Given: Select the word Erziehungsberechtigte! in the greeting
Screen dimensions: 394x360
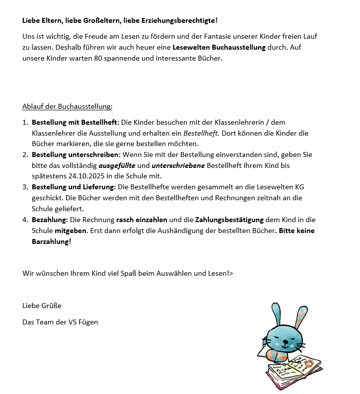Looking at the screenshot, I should (187, 20).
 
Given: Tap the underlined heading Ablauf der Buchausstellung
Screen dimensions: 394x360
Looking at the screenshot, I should (67, 106).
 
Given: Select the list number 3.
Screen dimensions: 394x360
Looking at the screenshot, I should (25, 187).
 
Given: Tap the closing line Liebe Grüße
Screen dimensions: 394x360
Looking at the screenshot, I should (42, 306).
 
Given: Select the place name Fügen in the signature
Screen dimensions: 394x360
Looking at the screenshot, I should (88, 322).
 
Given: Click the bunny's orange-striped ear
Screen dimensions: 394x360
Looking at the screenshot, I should (301, 316).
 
